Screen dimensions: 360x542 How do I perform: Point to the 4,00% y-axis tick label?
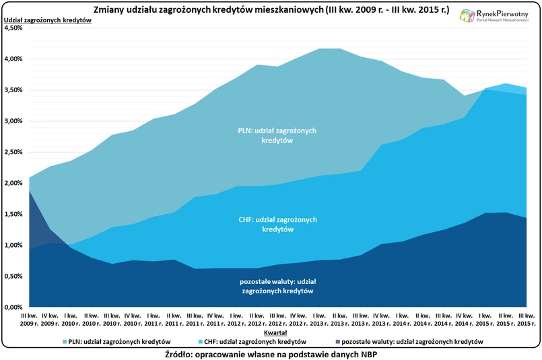coord(13,59)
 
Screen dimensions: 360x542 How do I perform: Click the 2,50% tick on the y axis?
coord(13,152)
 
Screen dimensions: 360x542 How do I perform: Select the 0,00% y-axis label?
coord(13,308)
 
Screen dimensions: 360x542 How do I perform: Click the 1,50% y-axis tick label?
coord(13,214)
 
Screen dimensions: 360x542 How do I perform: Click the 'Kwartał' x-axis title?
coord(276,332)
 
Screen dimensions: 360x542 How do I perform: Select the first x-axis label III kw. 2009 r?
coord(28,319)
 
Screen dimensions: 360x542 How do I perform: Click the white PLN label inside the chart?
coord(277,135)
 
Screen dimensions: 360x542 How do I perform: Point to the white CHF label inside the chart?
coord(277,224)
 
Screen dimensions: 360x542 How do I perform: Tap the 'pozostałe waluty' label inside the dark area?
coord(277,286)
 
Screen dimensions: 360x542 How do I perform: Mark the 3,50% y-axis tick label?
coord(13,90)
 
